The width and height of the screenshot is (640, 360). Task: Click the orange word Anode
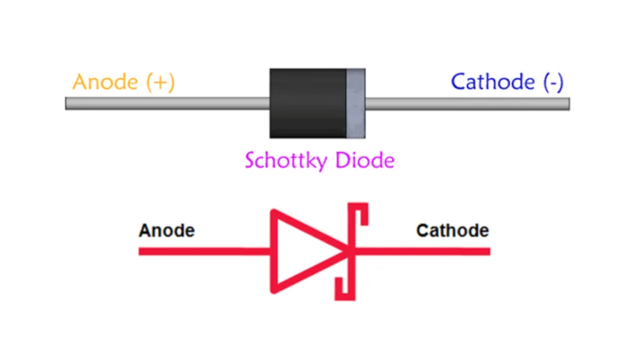point(104,82)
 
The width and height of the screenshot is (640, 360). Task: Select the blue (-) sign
point(553,82)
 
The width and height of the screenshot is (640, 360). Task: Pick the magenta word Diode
point(365,161)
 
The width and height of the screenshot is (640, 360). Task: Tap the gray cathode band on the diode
point(356,103)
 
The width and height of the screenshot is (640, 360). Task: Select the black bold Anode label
point(166,231)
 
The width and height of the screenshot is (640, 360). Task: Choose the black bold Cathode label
point(452,231)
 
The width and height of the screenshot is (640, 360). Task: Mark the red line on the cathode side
point(425,251)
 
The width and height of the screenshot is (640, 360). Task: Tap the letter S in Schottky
point(250,161)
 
